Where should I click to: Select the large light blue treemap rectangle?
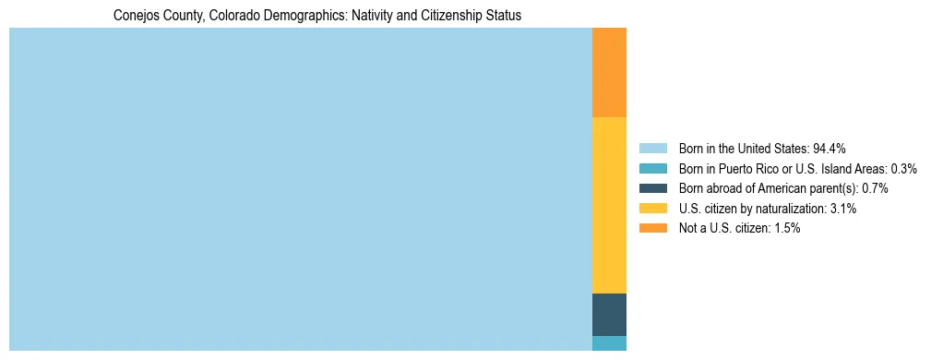(300, 189)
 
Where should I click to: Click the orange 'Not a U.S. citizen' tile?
(609, 73)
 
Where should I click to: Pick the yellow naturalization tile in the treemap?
(609, 205)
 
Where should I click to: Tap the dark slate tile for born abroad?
(609, 314)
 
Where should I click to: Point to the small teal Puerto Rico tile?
(609, 343)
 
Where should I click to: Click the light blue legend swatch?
(652, 149)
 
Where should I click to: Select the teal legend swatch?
(652, 169)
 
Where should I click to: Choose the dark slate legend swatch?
(652, 188)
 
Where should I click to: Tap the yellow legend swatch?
(652, 209)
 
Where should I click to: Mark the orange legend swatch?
(652, 228)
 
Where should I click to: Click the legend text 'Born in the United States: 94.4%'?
(762, 149)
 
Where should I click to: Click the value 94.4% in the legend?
(830, 149)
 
